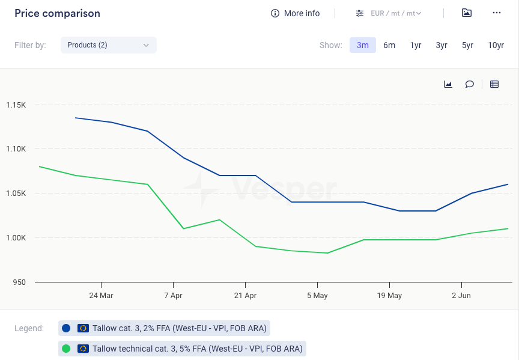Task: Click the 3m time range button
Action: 363,45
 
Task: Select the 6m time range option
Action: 389,45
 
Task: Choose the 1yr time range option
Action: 416,45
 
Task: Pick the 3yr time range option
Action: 442,45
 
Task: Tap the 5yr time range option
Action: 467,45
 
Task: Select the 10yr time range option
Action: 496,45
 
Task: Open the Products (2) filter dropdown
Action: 108,45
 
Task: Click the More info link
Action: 296,13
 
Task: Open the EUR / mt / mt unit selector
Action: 389,13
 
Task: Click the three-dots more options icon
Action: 496,13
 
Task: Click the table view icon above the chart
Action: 494,84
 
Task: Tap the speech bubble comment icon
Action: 470,84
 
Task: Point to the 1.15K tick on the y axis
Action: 16,105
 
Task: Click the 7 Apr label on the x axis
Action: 173,296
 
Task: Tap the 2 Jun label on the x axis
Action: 461,296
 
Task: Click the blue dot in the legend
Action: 66,328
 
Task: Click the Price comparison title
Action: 57,13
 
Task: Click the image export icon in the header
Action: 467,13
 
